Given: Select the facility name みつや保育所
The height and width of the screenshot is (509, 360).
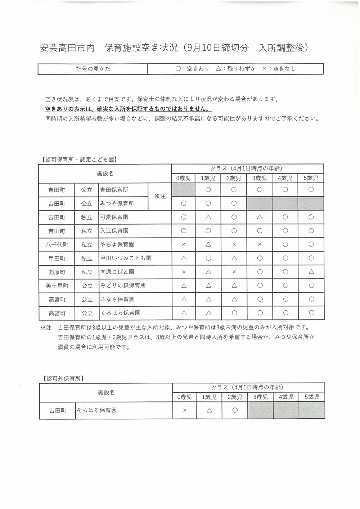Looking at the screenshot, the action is coord(117,203).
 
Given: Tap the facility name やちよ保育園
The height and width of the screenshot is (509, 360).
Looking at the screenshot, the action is coord(117,244).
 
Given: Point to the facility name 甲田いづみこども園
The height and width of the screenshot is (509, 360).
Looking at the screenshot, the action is coord(125,258).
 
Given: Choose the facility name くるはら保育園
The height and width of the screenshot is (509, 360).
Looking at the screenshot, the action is coord(120,313).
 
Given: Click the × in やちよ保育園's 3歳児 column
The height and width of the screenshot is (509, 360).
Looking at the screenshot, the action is coord(259,244).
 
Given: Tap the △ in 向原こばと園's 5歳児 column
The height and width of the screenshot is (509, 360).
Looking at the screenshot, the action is coord(311,272).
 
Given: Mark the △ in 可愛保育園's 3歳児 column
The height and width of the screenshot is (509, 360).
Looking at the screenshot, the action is coord(259,217).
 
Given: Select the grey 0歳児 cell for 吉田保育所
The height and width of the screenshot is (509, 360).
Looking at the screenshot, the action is coord(183,190).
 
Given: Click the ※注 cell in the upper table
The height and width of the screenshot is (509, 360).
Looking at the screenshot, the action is coord(160,197).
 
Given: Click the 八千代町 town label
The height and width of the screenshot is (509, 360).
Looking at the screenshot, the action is coord(57,244).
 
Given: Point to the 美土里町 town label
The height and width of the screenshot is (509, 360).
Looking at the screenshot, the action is coord(57,285).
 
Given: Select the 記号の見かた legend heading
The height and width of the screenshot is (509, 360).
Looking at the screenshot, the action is coord(93,69).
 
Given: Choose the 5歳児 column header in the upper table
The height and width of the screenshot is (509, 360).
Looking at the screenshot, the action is coord(311,178).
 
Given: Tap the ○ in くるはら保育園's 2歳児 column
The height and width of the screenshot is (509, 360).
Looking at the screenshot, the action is coord(234,313).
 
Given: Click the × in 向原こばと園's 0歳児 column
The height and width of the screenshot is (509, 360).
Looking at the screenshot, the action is coord(183,272).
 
